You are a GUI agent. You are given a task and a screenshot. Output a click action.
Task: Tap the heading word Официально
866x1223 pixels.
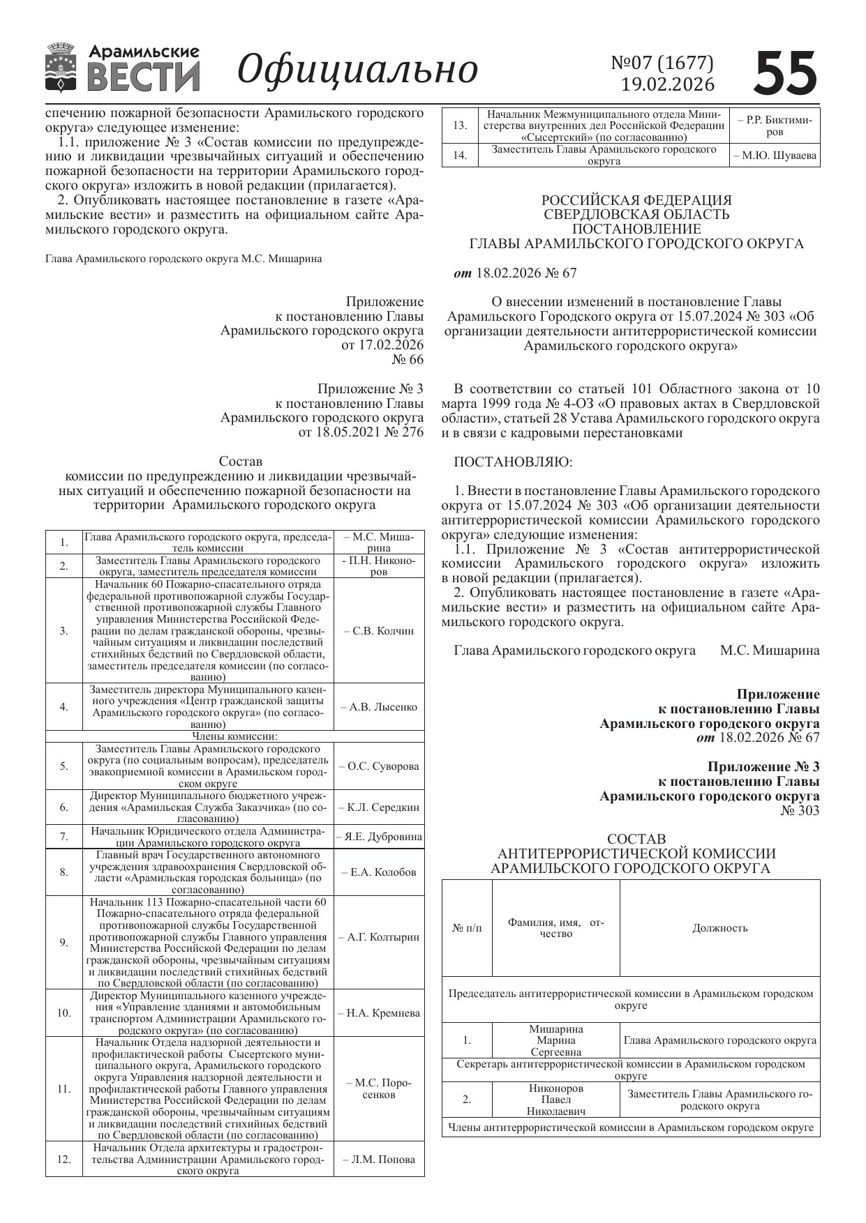(358, 69)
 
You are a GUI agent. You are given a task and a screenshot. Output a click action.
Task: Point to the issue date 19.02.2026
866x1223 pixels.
(668, 84)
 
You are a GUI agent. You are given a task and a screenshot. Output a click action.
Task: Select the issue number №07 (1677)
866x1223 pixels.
(662, 63)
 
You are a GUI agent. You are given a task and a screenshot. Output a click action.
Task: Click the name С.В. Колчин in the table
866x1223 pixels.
(379, 631)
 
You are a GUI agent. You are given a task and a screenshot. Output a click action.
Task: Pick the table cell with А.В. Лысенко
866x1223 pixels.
(379, 707)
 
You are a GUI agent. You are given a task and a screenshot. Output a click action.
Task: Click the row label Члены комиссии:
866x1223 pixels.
(235, 736)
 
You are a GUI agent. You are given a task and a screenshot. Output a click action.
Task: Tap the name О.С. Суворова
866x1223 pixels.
(379, 766)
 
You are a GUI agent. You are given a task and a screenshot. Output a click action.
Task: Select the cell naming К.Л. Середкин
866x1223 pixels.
(379, 807)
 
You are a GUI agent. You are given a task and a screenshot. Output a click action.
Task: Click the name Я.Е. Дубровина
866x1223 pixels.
(379, 837)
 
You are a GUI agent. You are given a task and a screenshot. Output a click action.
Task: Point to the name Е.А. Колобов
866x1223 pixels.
(379, 872)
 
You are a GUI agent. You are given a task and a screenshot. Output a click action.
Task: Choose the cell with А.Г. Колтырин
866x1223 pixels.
(379, 937)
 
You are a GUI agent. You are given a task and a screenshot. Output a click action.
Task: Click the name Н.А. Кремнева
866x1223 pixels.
(379, 1013)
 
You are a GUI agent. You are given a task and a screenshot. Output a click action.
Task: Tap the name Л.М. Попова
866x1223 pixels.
(379, 1160)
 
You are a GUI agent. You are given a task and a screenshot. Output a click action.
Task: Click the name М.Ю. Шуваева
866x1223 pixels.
(775, 155)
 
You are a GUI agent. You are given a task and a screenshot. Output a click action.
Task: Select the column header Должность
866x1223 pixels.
(719, 928)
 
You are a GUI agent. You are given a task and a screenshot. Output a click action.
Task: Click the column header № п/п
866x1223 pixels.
(467, 928)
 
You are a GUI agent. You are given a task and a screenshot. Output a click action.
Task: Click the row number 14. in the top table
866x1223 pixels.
(460, 155)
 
